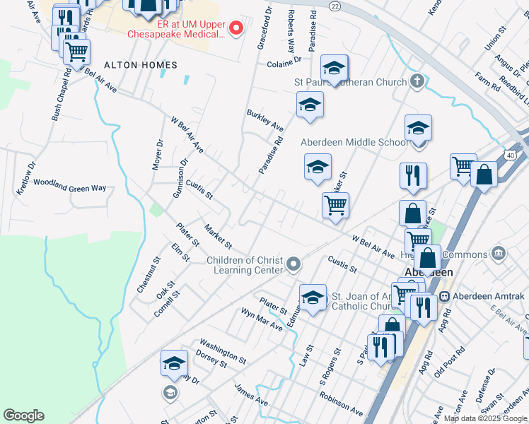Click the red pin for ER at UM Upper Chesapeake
[x=237, y=28]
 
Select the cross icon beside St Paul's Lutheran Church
[x=417, y=81]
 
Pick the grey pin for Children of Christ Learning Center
[x=294, y=266]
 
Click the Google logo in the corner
[x=23, y=416]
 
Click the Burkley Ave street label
[x=264, y=120]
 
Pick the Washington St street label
[x=222, y=350]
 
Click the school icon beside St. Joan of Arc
[x=312, y=297]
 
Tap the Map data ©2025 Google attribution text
[x=484, y=418]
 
